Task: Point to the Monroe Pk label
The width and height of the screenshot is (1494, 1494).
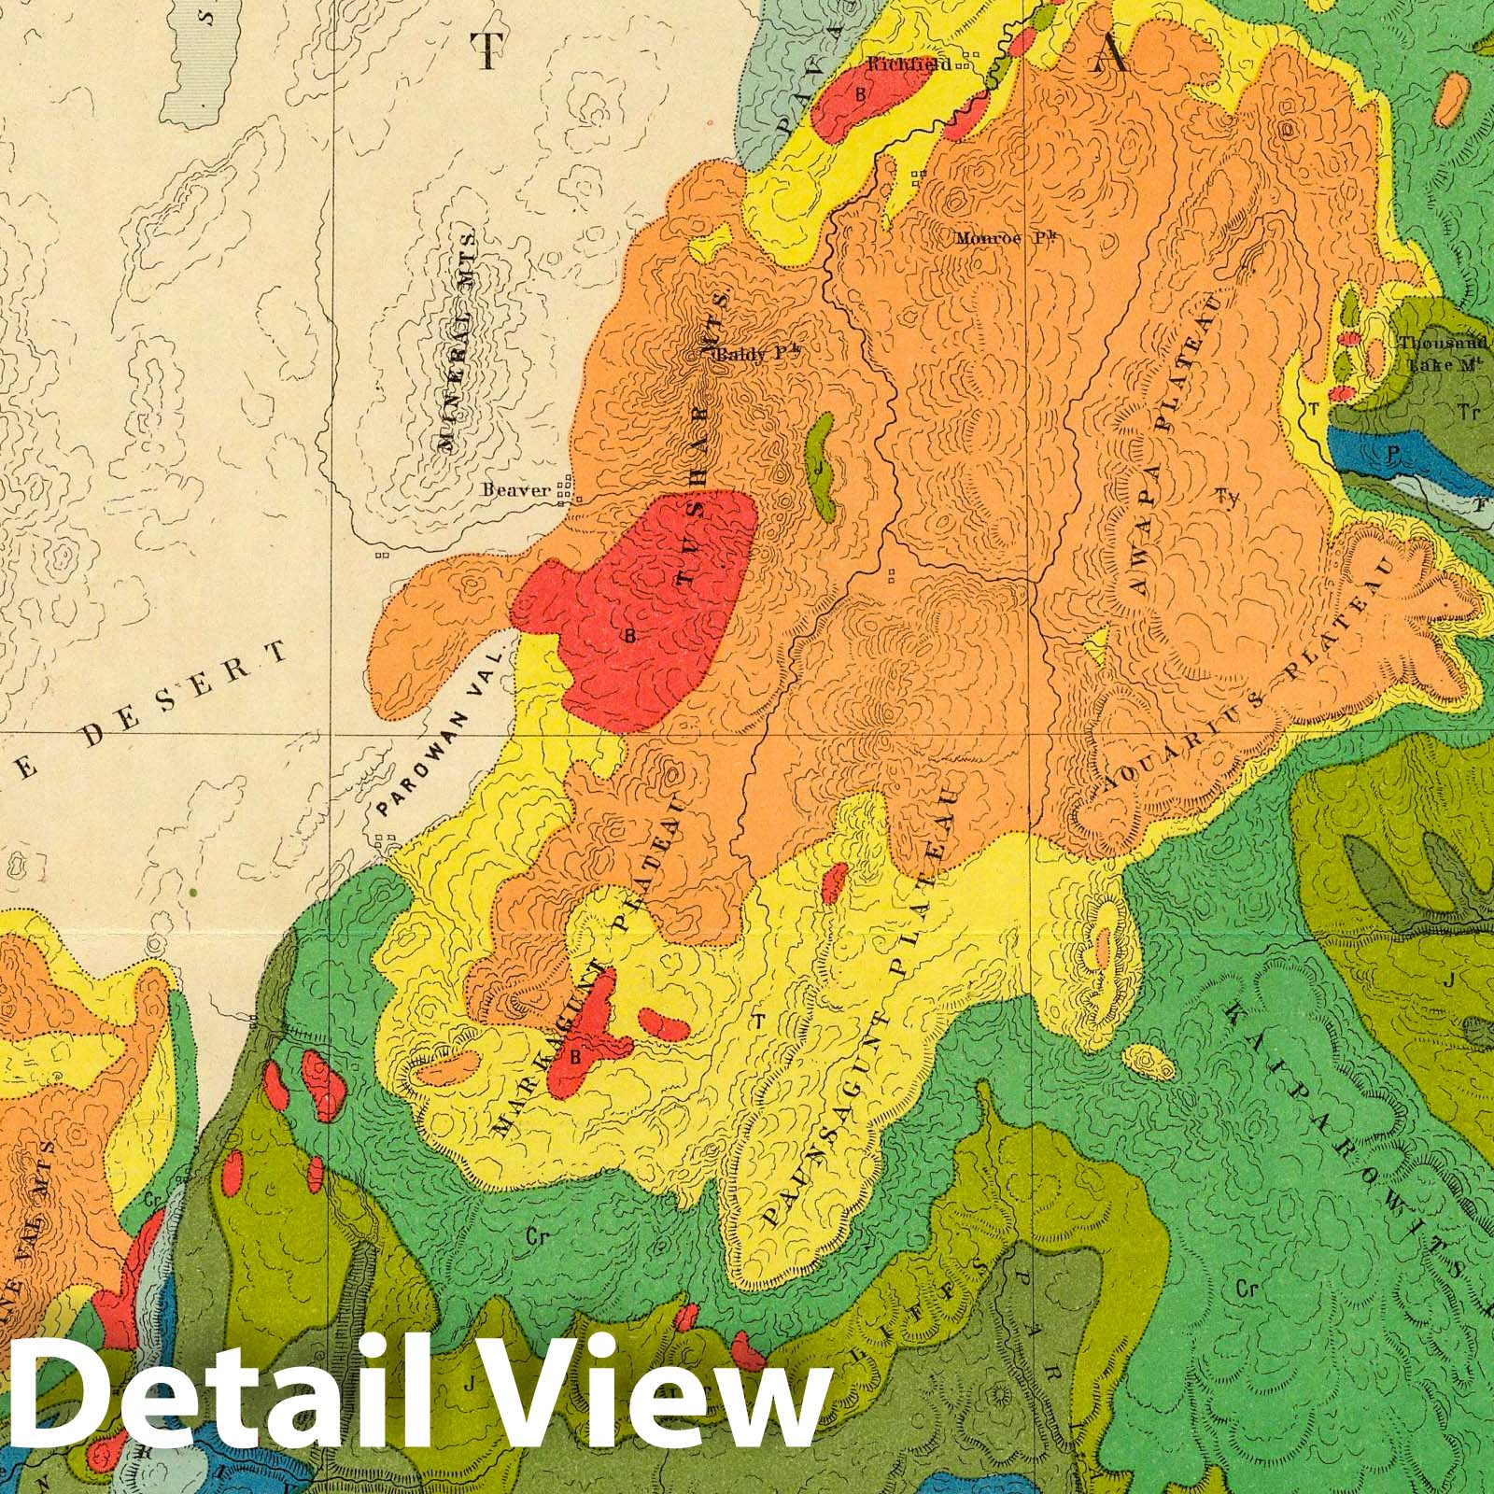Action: [1009, 238]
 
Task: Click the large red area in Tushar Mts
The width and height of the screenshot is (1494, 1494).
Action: [644, 607]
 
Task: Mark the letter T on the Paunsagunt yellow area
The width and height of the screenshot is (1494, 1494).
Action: [759, 1021]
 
